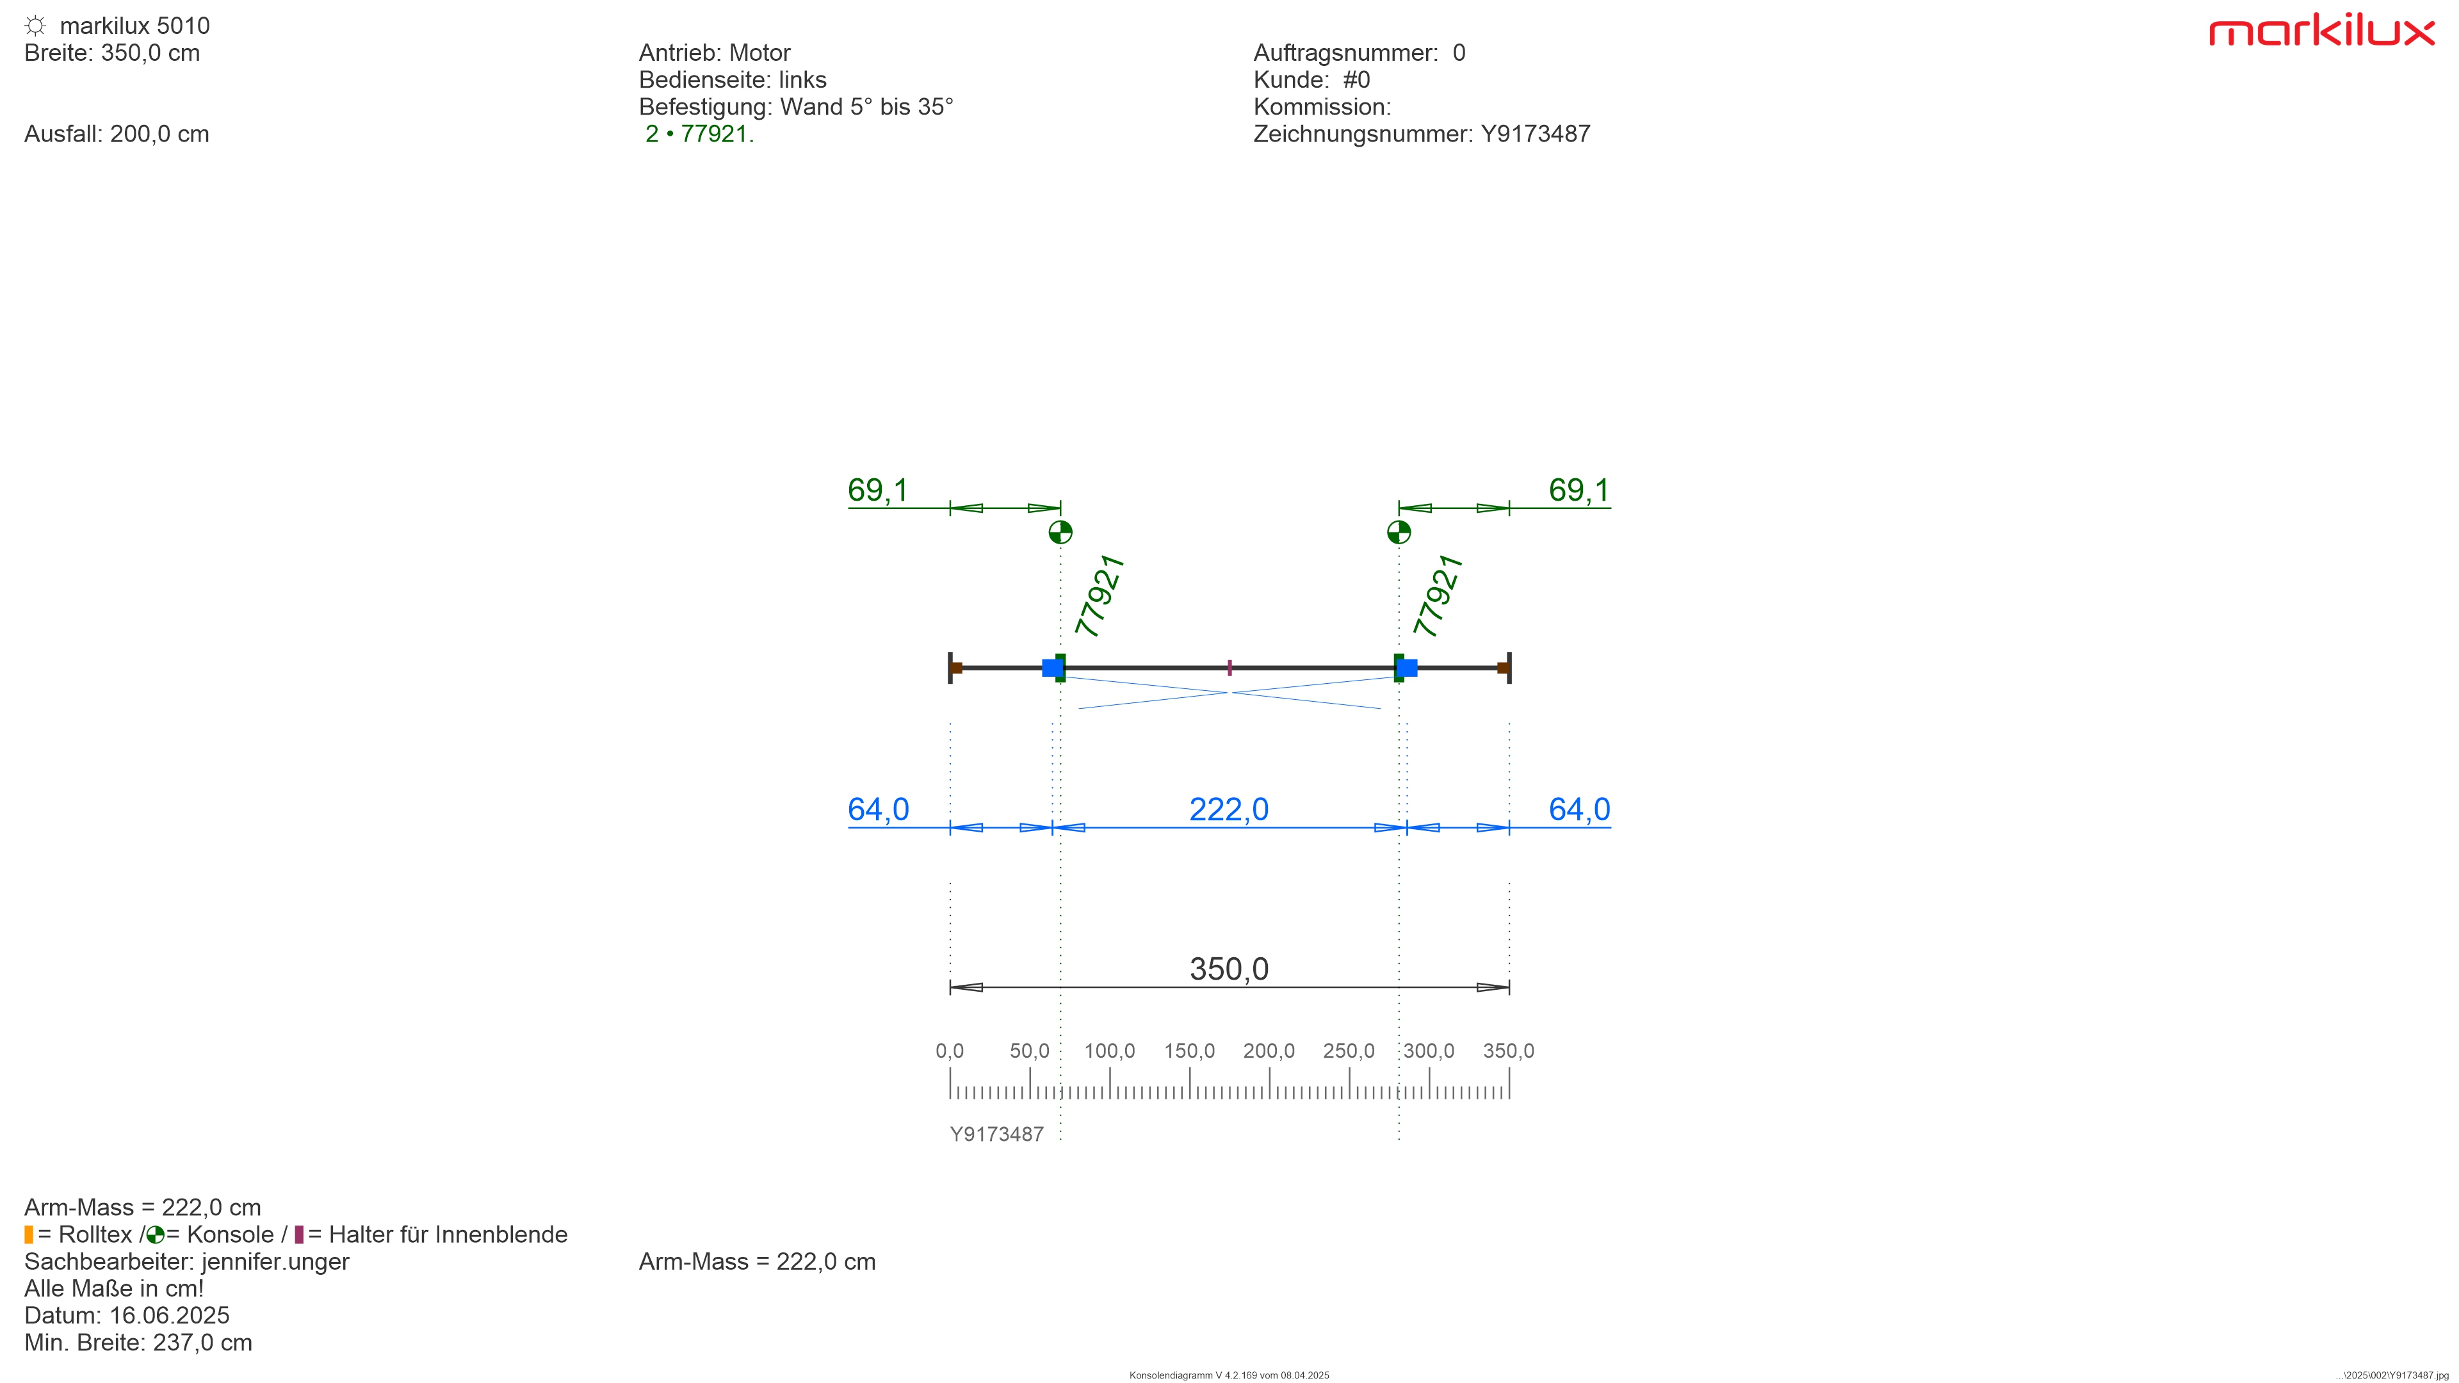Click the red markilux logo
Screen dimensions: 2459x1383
(x=2321, y=31)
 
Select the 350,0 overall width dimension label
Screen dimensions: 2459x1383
(x=1229, y=969)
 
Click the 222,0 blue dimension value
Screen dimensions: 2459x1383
(x=1229, y=809)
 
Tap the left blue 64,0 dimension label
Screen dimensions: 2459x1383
(x=878, y=809)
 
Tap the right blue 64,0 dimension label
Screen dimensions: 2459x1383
(x=1579, y=809)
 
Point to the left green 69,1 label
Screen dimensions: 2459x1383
(x=878, y=490)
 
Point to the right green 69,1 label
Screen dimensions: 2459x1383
(x=1579, y=490)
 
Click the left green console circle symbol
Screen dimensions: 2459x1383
(x=1060, y=531)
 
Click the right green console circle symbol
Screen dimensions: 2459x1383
(x=1399, y=531)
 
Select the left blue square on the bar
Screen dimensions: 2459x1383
(x=1051, y=667)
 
